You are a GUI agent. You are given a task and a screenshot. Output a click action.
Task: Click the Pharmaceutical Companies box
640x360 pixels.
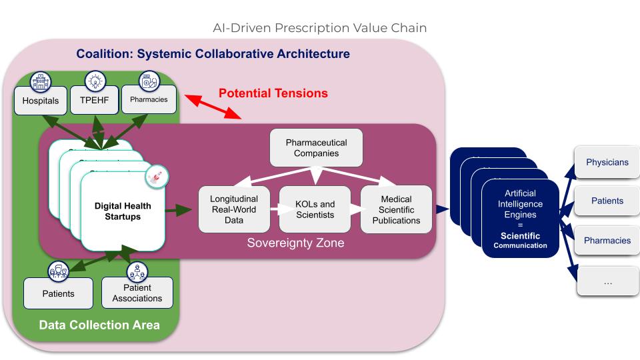(317, 147)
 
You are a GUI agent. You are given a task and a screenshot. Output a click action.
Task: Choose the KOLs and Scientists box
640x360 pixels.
(315, 209)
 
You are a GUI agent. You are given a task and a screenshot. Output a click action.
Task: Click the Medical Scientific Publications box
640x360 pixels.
(396, 209)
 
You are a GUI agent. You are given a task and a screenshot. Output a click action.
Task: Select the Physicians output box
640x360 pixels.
(607, 162)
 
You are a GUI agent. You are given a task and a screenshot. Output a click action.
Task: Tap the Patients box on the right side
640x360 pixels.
(607, 201)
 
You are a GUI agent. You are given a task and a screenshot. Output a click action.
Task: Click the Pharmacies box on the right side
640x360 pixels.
(607, 240)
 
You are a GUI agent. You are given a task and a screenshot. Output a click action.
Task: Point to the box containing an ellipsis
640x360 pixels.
(607, 281)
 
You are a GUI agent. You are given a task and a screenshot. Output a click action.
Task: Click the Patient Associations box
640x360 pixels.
(137, 293)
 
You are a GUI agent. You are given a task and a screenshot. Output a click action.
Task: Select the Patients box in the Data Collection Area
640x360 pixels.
(58, 293)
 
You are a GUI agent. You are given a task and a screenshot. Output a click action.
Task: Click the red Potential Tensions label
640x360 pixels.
(273, 93)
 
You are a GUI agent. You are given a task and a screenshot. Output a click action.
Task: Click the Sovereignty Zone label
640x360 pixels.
(295, 243)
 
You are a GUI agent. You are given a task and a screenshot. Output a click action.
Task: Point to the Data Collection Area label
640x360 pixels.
(99, 325)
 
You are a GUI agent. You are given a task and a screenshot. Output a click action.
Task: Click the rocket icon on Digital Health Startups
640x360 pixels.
(157, 177)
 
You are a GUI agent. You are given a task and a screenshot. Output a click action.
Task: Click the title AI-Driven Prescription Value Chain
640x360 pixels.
(319, 28)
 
